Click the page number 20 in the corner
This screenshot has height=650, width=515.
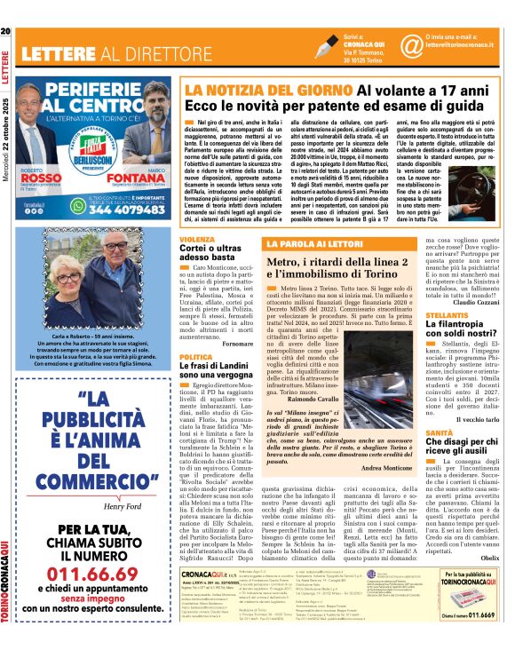[x=6, y=32]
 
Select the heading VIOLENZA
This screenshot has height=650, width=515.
[x=196, y=240]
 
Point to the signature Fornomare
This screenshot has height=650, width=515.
[x=234, y=342]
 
